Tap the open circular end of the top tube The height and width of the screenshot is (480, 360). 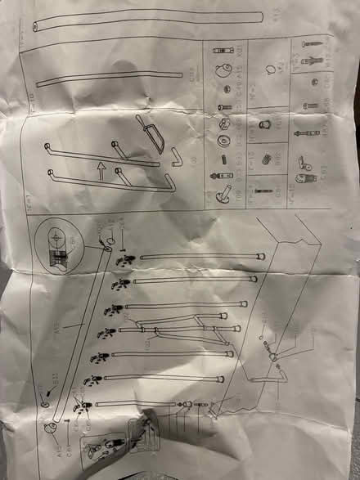pyautogui.click(x=35, y=28)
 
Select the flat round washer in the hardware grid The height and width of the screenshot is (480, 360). pyautogui.click(x=222, y=139)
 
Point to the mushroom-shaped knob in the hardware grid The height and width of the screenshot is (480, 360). pyautogui.click(x=221, y=193)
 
